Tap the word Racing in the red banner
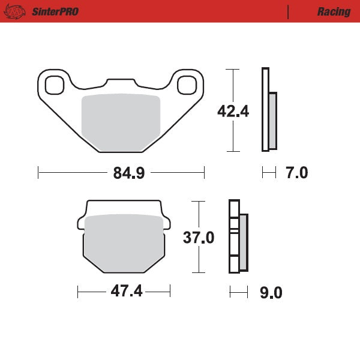coord(334,11)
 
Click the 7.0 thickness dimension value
coord(296,173)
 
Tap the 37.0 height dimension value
coord(199,238)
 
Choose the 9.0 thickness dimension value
coord(270,293)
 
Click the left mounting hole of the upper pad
coord(54,85)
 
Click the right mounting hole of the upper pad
coord(188,85)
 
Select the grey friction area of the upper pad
coord(120,120)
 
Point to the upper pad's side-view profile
coord(269,110)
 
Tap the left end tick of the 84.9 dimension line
coord(38,173)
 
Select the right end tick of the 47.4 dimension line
coord(170,292)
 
